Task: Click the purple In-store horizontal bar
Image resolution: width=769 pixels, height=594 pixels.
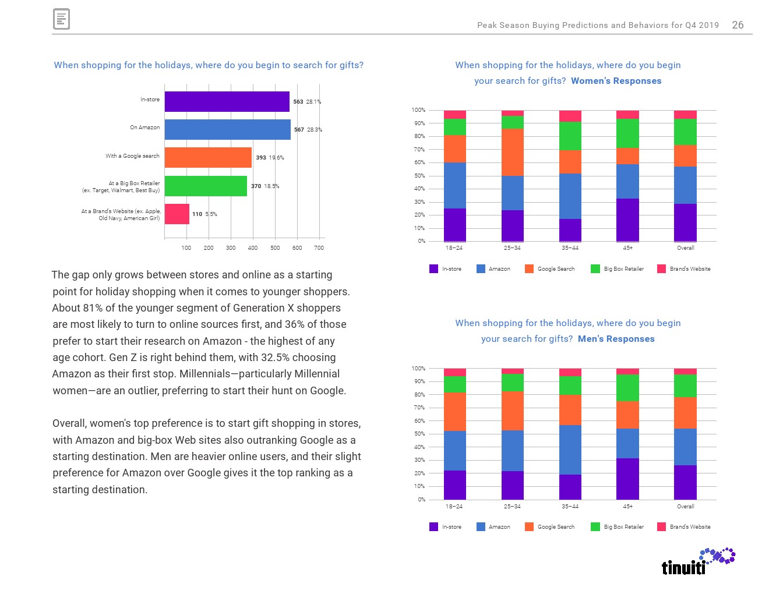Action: pyautogui.click(x=227, y=101)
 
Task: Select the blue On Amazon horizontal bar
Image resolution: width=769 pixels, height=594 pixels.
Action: pyautogui.click(x=227, y=129)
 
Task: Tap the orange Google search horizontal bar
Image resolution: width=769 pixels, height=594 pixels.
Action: pyautogui.click(x=208, y=157)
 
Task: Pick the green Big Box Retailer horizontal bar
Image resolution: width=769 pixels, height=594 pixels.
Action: pyautogui.click(x=206, y=186)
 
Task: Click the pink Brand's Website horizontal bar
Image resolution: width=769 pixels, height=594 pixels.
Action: pyautogui.click(x=177, y=214)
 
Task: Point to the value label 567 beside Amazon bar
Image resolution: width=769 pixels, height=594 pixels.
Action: pyautogui.click(x=299, y=130)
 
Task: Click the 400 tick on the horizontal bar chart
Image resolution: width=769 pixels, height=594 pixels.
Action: pyautogui.click(x=253, y=248)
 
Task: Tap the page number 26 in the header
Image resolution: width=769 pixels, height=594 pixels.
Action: pyautogui.click(x=738, y=25)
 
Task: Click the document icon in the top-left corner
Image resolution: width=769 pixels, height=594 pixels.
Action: pyautogui.click(x=61, y=19)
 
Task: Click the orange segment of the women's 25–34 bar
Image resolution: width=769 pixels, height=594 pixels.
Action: pyautogui.click(x=513, y=152)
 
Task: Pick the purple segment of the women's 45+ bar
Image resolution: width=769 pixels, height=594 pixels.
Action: pyautogui.click(x=627, y=220)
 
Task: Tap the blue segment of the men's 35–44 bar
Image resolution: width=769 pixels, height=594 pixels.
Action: pyautogui.click(x=570, y=450)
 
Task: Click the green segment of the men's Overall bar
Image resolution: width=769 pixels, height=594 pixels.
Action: pyautogui.click(x=685, y=386)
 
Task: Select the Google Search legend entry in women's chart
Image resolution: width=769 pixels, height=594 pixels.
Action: pyautogui.click(x=550, y=269)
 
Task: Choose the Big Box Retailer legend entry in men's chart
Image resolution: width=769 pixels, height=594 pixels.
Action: pyautogui.click(x=618, y=527)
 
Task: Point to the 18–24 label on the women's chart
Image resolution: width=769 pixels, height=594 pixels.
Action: pyautogui.click(x=454, y=248)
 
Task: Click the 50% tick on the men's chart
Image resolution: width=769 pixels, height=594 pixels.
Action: pyautogui.click(x=419, y=434)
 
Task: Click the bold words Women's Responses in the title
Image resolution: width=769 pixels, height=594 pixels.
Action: pyautogui.click(x=616, y=81)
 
